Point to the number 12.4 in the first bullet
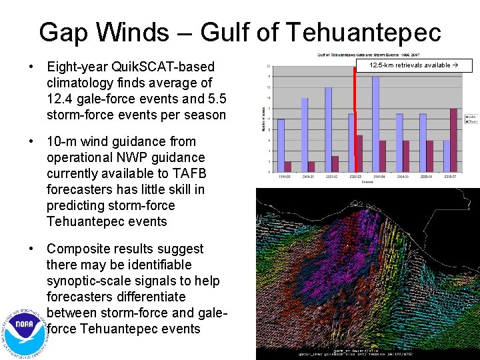(62, 99)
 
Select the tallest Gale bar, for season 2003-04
(375, 123)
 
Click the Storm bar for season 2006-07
(453, 139)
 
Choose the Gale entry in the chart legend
(471, 116)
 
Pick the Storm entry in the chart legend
(471, 121)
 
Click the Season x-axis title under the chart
(366, 181)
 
